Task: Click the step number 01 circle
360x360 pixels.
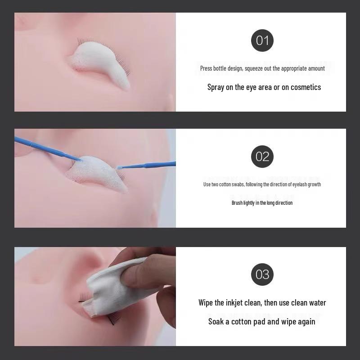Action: [262, 40]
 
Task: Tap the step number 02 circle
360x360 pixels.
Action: [262, 156]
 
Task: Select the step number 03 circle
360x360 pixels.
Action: [262, 274]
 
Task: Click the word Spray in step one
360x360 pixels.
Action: [215, 87]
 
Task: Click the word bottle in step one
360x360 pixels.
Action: [221, 68]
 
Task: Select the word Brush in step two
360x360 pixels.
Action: [237, 203]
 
